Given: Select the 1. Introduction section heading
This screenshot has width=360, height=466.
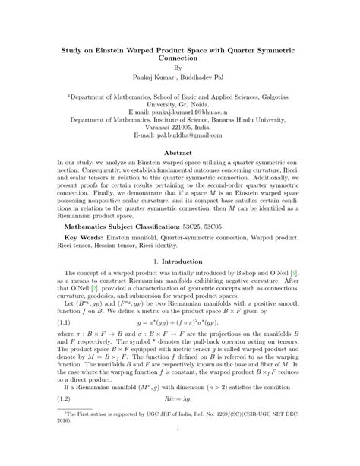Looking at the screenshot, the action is pos(179,262).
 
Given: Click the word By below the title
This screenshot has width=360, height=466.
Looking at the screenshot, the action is pos(179,66).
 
